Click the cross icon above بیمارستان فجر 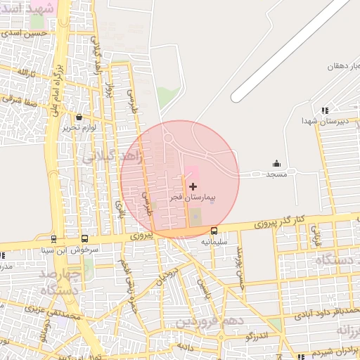coord(193,186)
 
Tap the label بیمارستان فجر coord(193,198)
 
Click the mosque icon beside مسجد coord(276,164)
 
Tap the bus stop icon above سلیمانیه coord(214,231)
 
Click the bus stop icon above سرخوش coord(85,239)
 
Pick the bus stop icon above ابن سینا coord(54,239)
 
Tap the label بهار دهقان coord(344,67)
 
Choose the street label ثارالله coord(24,73)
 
